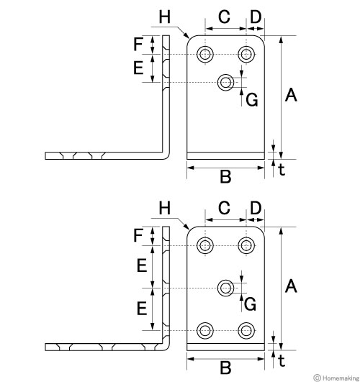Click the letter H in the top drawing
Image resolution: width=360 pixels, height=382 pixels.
pyautogui.click(x=165, y=17)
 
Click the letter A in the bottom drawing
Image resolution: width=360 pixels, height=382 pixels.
pyautogui.click(x=291, y=286)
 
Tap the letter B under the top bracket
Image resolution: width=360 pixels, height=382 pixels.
pyautogui.click(x=225, y=177)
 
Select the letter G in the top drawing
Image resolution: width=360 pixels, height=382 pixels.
pyautogui.click(x=252, y=100)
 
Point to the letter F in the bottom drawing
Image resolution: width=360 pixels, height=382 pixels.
pyautogui.click(x=138, y=235)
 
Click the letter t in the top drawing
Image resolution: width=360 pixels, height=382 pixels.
pyautogui.click(x=282, y=169)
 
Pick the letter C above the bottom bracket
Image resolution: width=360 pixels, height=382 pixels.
pyautogui.click(x=224, y=208)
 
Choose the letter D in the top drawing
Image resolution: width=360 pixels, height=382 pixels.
pyautogui.click(x=256, y=17)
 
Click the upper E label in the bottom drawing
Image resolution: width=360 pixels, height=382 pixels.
pyautogui.click(x=142, y=265)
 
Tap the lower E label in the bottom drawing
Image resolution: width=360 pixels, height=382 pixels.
pyautogui.click(x=142, y=309)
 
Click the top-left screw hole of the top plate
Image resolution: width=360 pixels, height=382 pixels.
pyautogui.click(x=205, y=54)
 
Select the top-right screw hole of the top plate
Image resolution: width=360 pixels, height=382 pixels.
pyautogui.click(x=246, y=54)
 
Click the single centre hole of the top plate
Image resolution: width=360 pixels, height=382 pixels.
pyautogui.click(x=225, y=82)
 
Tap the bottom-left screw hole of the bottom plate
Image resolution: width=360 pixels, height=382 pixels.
pyautogui.click(x=205, y=331)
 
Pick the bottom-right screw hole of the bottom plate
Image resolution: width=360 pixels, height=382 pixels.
pyautogui.click(x=246, y=331)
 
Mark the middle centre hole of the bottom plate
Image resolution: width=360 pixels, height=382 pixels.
pyautogui.click(x=225, y=288)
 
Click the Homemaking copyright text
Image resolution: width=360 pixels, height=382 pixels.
pyautogui.click(x=336, y=378)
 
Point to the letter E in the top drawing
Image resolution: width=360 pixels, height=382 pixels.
pyautogui.click(x=138, y=68)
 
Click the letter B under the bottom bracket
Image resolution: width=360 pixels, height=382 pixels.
pyautogui.click(x=225, y=368)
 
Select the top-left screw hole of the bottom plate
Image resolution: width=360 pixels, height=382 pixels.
pyautogui.click(x=205, y=245)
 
